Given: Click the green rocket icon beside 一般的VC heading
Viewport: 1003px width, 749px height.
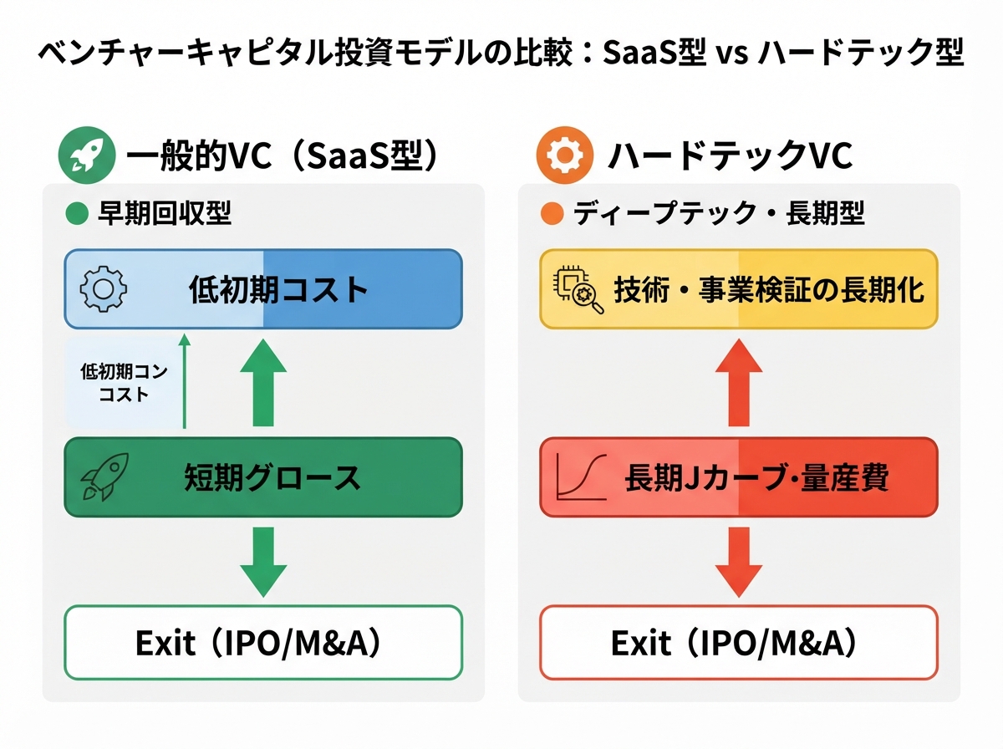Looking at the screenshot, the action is pos(87,155).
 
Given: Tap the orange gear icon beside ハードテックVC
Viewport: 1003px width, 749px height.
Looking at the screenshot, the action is pos(565,155).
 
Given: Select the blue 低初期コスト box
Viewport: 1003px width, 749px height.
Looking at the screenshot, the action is pos(263,288).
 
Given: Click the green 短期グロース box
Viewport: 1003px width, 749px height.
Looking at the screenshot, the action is pos(263,477).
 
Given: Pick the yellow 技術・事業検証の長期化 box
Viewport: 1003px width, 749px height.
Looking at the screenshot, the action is pos(739,288).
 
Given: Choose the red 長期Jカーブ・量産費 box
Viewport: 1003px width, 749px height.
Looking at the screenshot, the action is pos(739,477).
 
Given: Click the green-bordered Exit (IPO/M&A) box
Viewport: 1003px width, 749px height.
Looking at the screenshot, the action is pos(263,643).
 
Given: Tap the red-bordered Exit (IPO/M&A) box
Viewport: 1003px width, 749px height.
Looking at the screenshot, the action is pos(739,643).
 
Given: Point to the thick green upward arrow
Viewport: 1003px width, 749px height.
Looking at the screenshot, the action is pos(263,383).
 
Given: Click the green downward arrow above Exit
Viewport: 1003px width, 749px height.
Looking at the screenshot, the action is pos(263,562).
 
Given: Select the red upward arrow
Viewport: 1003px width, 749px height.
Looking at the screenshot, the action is pos(739,383).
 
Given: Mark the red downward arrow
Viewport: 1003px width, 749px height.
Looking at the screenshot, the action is pos(739,562).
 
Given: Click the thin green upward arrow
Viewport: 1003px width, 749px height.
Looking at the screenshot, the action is pos(185,381).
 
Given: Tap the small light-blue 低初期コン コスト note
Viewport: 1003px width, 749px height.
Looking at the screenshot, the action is pos(125,383).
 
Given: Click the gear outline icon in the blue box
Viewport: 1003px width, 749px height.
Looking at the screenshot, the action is pos(104,288).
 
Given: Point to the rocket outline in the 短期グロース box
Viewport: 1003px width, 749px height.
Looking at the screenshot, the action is pos(104,477).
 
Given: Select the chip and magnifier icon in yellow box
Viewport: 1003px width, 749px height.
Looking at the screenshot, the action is pos(578,291).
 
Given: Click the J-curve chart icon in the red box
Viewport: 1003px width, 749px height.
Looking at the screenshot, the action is pos(581,477).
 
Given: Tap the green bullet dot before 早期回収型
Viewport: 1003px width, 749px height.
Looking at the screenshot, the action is pos(77,213).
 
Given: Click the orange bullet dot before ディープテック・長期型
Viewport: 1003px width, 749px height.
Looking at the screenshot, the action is pos(552,213).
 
